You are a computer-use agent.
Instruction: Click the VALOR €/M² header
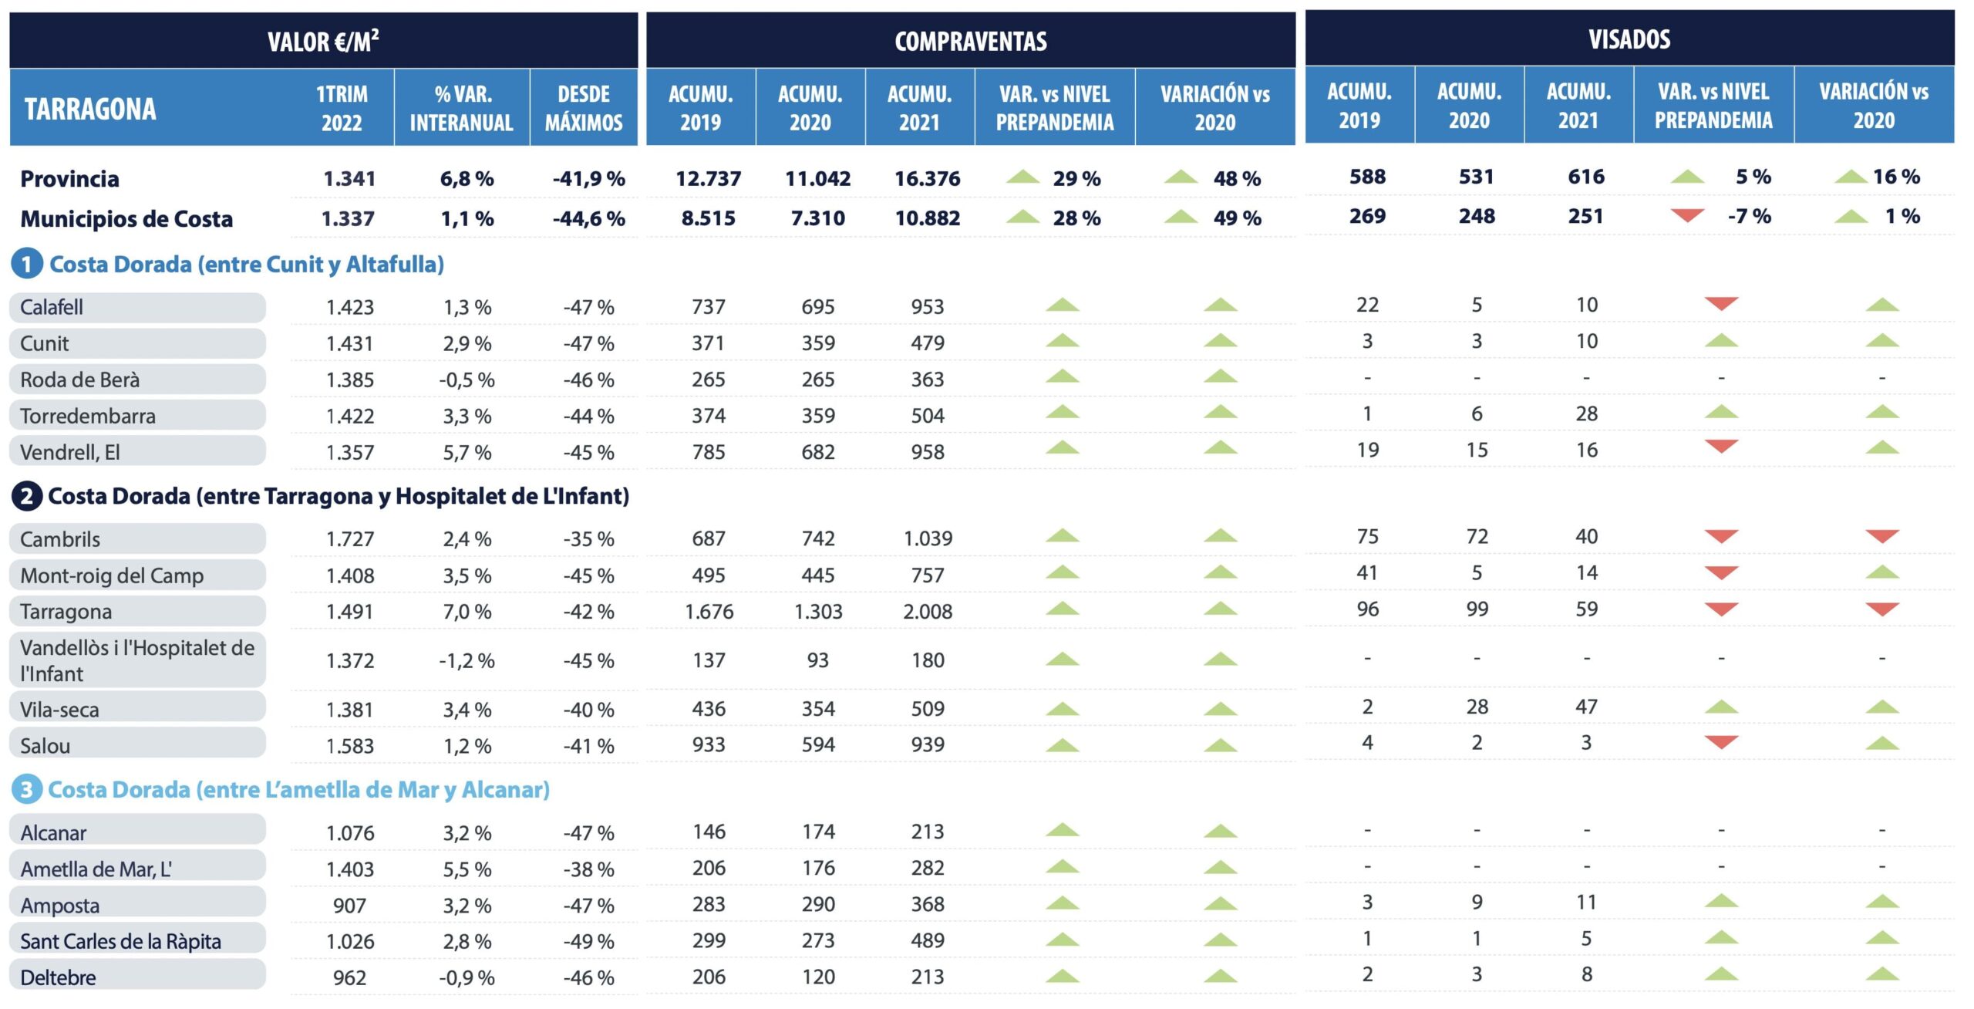(323, 41)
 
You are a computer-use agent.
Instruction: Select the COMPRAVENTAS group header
(970, 41)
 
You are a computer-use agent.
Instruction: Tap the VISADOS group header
(1629, 39)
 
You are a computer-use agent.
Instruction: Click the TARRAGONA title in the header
(90, 109)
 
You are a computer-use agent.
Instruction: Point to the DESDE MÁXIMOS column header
(584, 108)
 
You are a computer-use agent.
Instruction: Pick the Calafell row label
(52, 307)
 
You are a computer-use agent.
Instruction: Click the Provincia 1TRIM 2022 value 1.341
(349, 178)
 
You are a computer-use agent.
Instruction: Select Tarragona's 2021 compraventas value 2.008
(927, 611)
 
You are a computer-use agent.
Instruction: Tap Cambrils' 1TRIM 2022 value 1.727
(349, 538)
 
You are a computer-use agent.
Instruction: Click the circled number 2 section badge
(26, 496)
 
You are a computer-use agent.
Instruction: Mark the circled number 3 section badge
(26, 789)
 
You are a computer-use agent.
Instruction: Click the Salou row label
(45, 745)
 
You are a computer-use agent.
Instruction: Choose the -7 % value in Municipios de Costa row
(1749, 216)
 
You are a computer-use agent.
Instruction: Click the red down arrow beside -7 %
(1687, 215)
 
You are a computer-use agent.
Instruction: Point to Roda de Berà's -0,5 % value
(467, 380)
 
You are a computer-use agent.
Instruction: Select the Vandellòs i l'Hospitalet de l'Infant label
(136, 660)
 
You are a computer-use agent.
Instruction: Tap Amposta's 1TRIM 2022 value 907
(349, 905)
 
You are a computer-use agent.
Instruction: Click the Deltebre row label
(59, 977)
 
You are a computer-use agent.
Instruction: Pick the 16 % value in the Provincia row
(1896, 177)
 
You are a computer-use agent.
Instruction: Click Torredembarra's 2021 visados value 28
(1586, 413)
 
